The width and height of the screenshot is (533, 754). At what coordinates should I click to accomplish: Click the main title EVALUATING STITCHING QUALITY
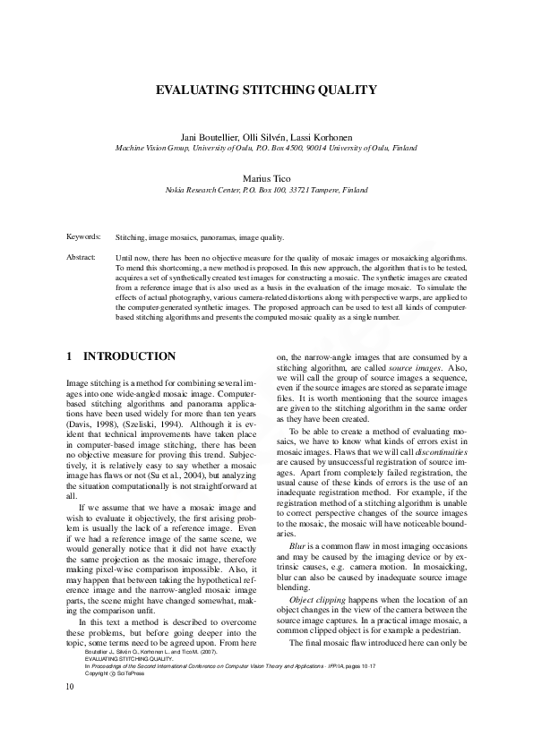pyautogui.click(x=266, y=90)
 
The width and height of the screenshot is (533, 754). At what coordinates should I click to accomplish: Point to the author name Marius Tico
pyautogui.click(x=266, y=178)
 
